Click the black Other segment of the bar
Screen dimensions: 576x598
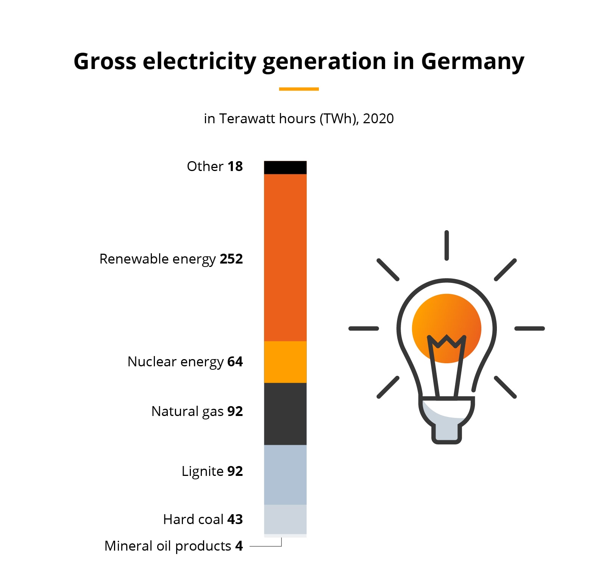point(285,167)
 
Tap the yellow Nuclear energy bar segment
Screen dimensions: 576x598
point(285,362)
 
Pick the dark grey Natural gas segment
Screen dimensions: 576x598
point(285,414)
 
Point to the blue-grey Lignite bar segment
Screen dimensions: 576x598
point(285,474)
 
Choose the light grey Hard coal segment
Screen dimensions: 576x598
point(285,519)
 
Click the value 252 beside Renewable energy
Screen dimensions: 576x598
point(231,259)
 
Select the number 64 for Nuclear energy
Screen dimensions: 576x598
point(235,361)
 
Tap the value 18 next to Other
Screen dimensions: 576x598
point(235,166)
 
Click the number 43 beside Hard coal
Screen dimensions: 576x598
point(235,519)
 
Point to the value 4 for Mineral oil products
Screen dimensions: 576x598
point(239,546)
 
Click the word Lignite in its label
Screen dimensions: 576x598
point(203,471)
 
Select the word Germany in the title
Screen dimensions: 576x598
point(473,61)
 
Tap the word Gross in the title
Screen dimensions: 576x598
point(105,61)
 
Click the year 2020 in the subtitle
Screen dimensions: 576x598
point(378,119)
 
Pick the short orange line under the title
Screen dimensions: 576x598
point(299,89)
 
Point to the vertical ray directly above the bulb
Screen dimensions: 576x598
point(447,245)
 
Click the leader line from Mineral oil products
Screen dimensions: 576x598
point(265,546)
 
